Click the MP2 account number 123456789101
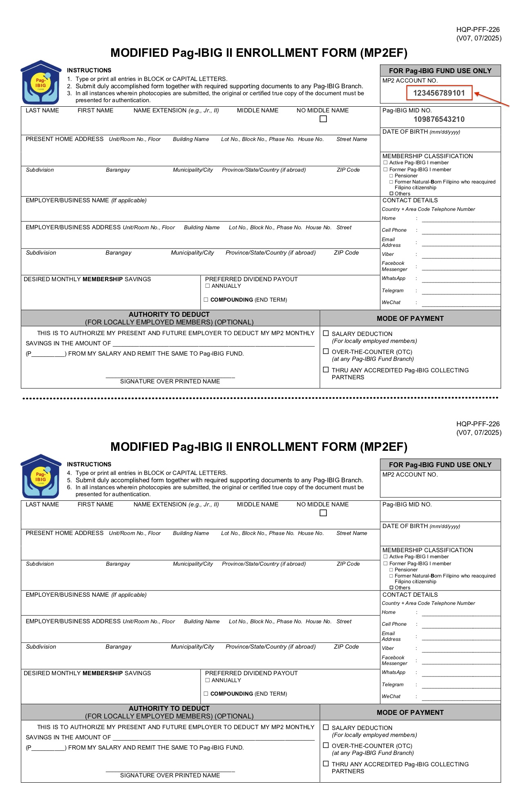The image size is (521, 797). [x=439, y=93]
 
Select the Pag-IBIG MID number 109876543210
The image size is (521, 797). [x=439, y=119]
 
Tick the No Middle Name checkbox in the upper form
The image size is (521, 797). [x=323, y=119]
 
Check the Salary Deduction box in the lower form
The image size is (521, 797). [x=326, y=727]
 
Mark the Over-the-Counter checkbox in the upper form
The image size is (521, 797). [x=326, y=351]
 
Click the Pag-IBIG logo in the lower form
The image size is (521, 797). [x=41, y=476]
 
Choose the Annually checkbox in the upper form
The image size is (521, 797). [x=207, y=286]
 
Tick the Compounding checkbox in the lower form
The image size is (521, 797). [x=206, y=694]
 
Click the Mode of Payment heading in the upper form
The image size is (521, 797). [x=410, y=318]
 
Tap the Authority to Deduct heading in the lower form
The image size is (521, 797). [x=169, y=708]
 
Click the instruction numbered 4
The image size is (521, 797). [x=147, y=473]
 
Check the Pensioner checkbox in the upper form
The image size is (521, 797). [x=391, y=176]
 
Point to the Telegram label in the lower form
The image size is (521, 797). [x=392, y=685]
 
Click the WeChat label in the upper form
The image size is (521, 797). [x=391, y=302]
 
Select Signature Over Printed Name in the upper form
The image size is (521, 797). [x=170, y=381]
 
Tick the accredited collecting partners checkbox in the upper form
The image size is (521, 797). [x=326, y=369]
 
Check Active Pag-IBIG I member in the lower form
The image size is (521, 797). [x=385, y=557]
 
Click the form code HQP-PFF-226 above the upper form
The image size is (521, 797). [x=478, y=29]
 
